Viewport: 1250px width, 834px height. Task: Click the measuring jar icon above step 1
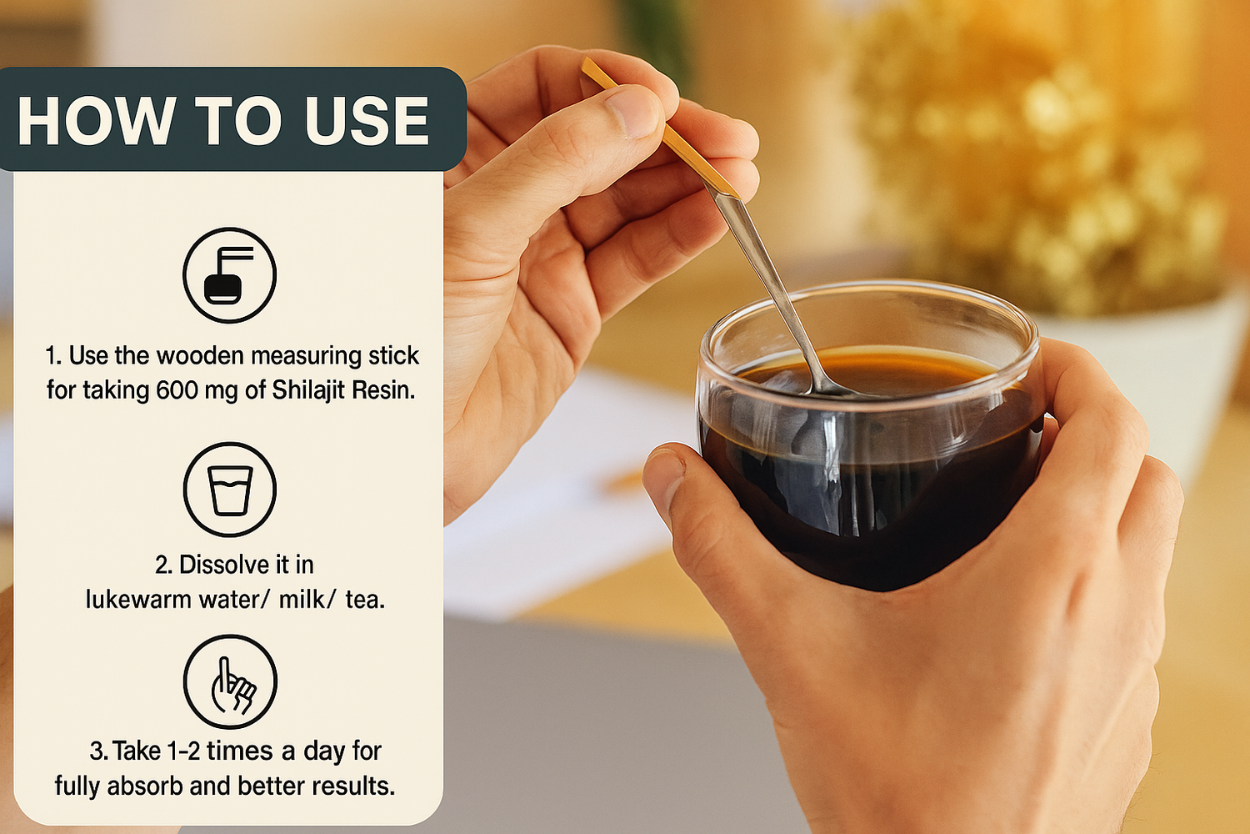229,275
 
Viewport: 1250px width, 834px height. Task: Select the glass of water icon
229,490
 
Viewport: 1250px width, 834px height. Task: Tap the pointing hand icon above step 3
230,681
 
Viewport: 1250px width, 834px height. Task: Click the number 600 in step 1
177,390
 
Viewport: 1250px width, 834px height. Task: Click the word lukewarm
138,600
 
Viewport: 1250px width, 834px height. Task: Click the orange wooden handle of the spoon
658,128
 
